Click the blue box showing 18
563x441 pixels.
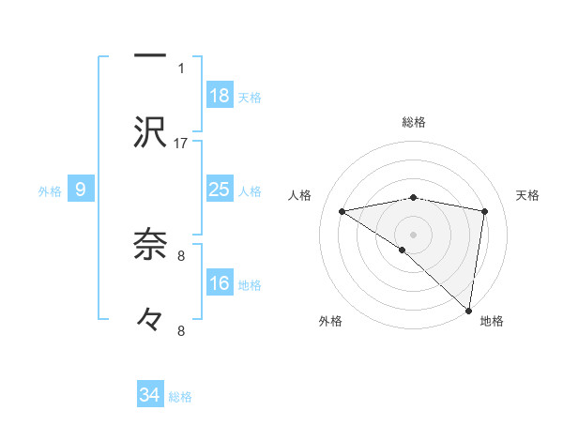[220, 96]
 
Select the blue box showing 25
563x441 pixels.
[220, 190]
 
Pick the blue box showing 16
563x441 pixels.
[220, 283]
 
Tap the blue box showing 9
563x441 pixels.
[81, 190]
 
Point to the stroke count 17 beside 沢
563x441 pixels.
[181, 144]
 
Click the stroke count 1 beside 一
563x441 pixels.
[181, 68]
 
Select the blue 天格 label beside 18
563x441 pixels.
[250, 98]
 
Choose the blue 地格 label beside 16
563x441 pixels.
[250, 285]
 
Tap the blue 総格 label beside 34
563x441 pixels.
[180, 397]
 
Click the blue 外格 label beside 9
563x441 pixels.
[50, 191]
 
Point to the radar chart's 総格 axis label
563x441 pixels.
[414, 122]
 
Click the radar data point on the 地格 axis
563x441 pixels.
[469, 310]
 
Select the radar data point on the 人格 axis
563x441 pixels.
[342, 211]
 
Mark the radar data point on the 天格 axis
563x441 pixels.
[485, 211]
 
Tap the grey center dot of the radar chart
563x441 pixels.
[414, 233]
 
